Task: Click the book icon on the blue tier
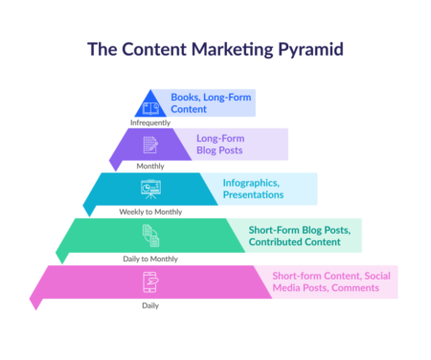(x=150, y=106)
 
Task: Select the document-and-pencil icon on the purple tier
(x=150, y=146)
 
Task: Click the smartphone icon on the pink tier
(x=150, y=281)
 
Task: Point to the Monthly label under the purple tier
(x=150, y=166)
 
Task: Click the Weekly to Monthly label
(x=150, y=211)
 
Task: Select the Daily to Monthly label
(x=150, y=258)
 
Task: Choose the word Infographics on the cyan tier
(x=251, y=182)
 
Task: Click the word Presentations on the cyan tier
(x=253, y=194)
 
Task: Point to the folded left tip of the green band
(x=60, y=255)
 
